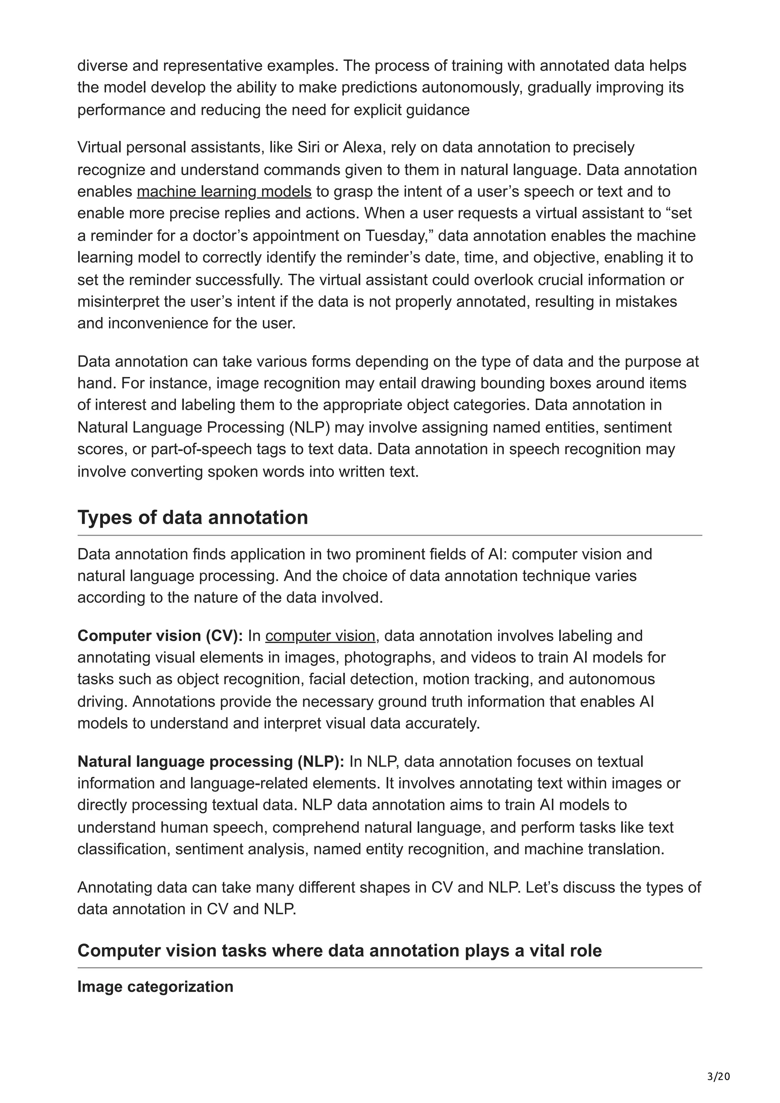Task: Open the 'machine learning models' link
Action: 224,192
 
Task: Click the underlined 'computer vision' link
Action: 320,636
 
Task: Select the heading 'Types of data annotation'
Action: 192,517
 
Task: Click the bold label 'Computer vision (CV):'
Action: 160,636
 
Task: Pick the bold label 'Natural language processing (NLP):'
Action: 211,762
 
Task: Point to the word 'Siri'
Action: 308,147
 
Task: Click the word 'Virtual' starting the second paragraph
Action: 99,147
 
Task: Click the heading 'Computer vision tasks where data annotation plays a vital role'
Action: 339,951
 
